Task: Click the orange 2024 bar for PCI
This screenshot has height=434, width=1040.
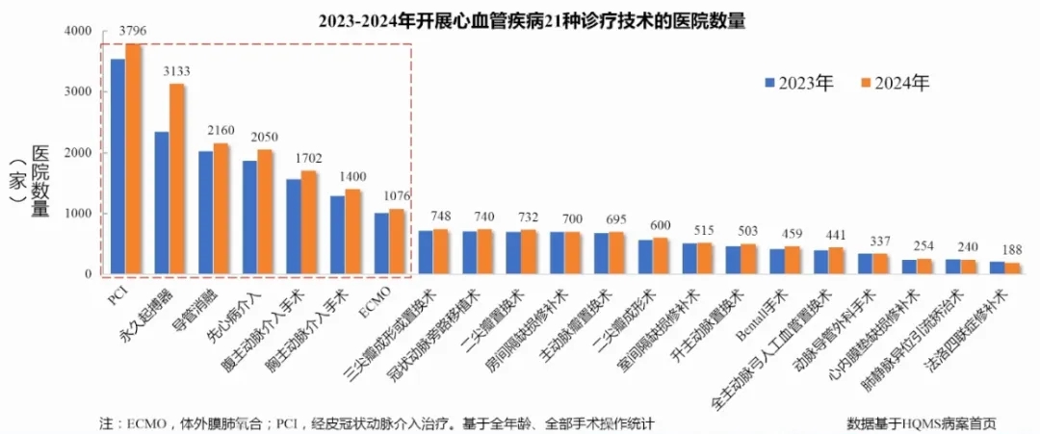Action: pos(133,159)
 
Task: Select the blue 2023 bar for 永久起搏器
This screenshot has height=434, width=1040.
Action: pos(162,203)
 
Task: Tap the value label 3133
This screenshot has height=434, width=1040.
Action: pos(178,71)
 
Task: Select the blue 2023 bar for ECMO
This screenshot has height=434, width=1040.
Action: pos(382,243)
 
